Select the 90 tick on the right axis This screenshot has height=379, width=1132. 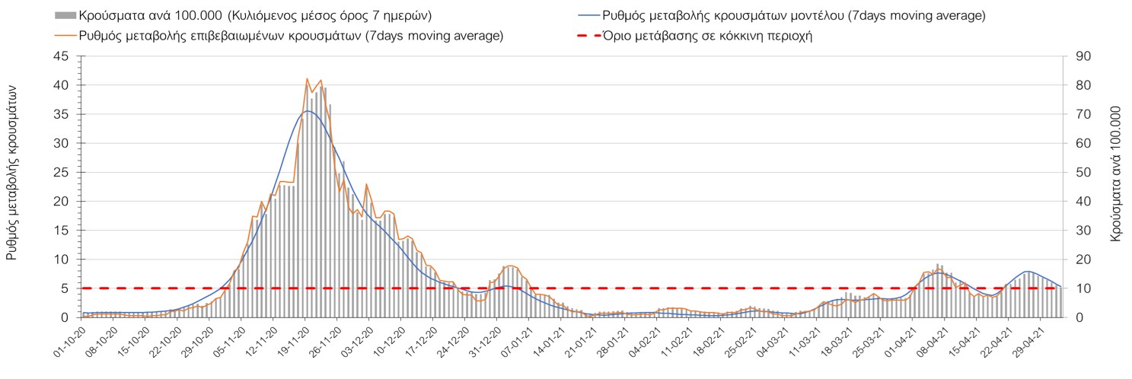[1081, 56]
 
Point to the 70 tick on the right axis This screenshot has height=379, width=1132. [1081, 114]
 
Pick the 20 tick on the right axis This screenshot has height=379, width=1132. [1081, 260]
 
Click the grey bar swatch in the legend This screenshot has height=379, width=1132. [65, 15]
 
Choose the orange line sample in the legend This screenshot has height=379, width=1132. [65, 35]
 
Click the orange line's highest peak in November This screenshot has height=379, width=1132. [307, 78]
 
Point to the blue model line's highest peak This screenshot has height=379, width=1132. [308, 111]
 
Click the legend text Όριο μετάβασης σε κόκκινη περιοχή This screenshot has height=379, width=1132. [706, 35]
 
